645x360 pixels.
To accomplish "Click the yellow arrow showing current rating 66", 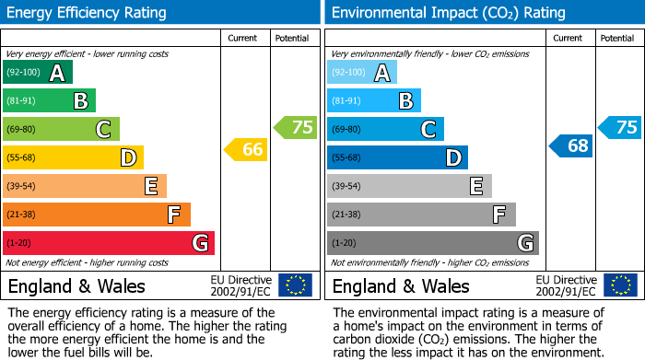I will (247, 148).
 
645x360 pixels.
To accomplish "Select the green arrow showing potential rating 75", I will (296, 127).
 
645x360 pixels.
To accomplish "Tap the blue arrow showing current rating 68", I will (571, 145).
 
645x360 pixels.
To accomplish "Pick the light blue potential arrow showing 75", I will (620, 127).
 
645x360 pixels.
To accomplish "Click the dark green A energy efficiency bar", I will (38, 73).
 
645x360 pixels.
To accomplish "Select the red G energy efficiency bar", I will (109, 243).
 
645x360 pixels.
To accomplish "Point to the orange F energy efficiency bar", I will (97, 215).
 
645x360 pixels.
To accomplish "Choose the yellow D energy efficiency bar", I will (73, 157).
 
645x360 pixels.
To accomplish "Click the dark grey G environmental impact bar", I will (433, 243).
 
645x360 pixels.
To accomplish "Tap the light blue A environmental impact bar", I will (362, 73).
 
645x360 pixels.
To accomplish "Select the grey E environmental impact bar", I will (409, 186).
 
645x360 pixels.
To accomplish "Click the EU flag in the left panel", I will (295, 285).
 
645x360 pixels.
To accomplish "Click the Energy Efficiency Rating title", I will (88, 13).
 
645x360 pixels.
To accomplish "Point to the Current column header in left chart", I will (243, 38).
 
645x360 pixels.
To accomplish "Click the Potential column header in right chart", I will (616, 38).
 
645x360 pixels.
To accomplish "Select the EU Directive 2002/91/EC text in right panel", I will (566, 285).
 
